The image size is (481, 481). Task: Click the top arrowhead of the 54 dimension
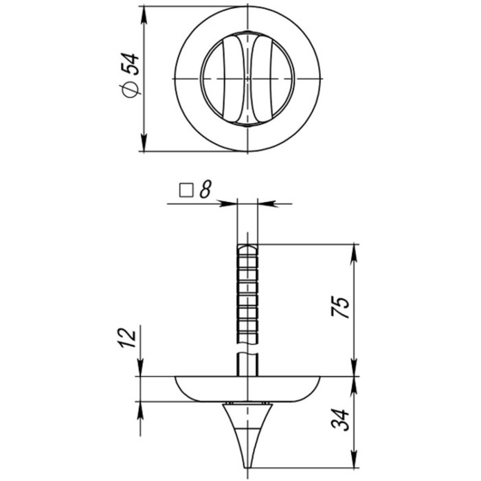tap(144, 14)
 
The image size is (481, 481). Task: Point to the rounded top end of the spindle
tap(247, 246)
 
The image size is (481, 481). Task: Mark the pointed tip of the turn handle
tap(247, 464)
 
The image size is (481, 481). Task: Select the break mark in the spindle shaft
tap(247, 353)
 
